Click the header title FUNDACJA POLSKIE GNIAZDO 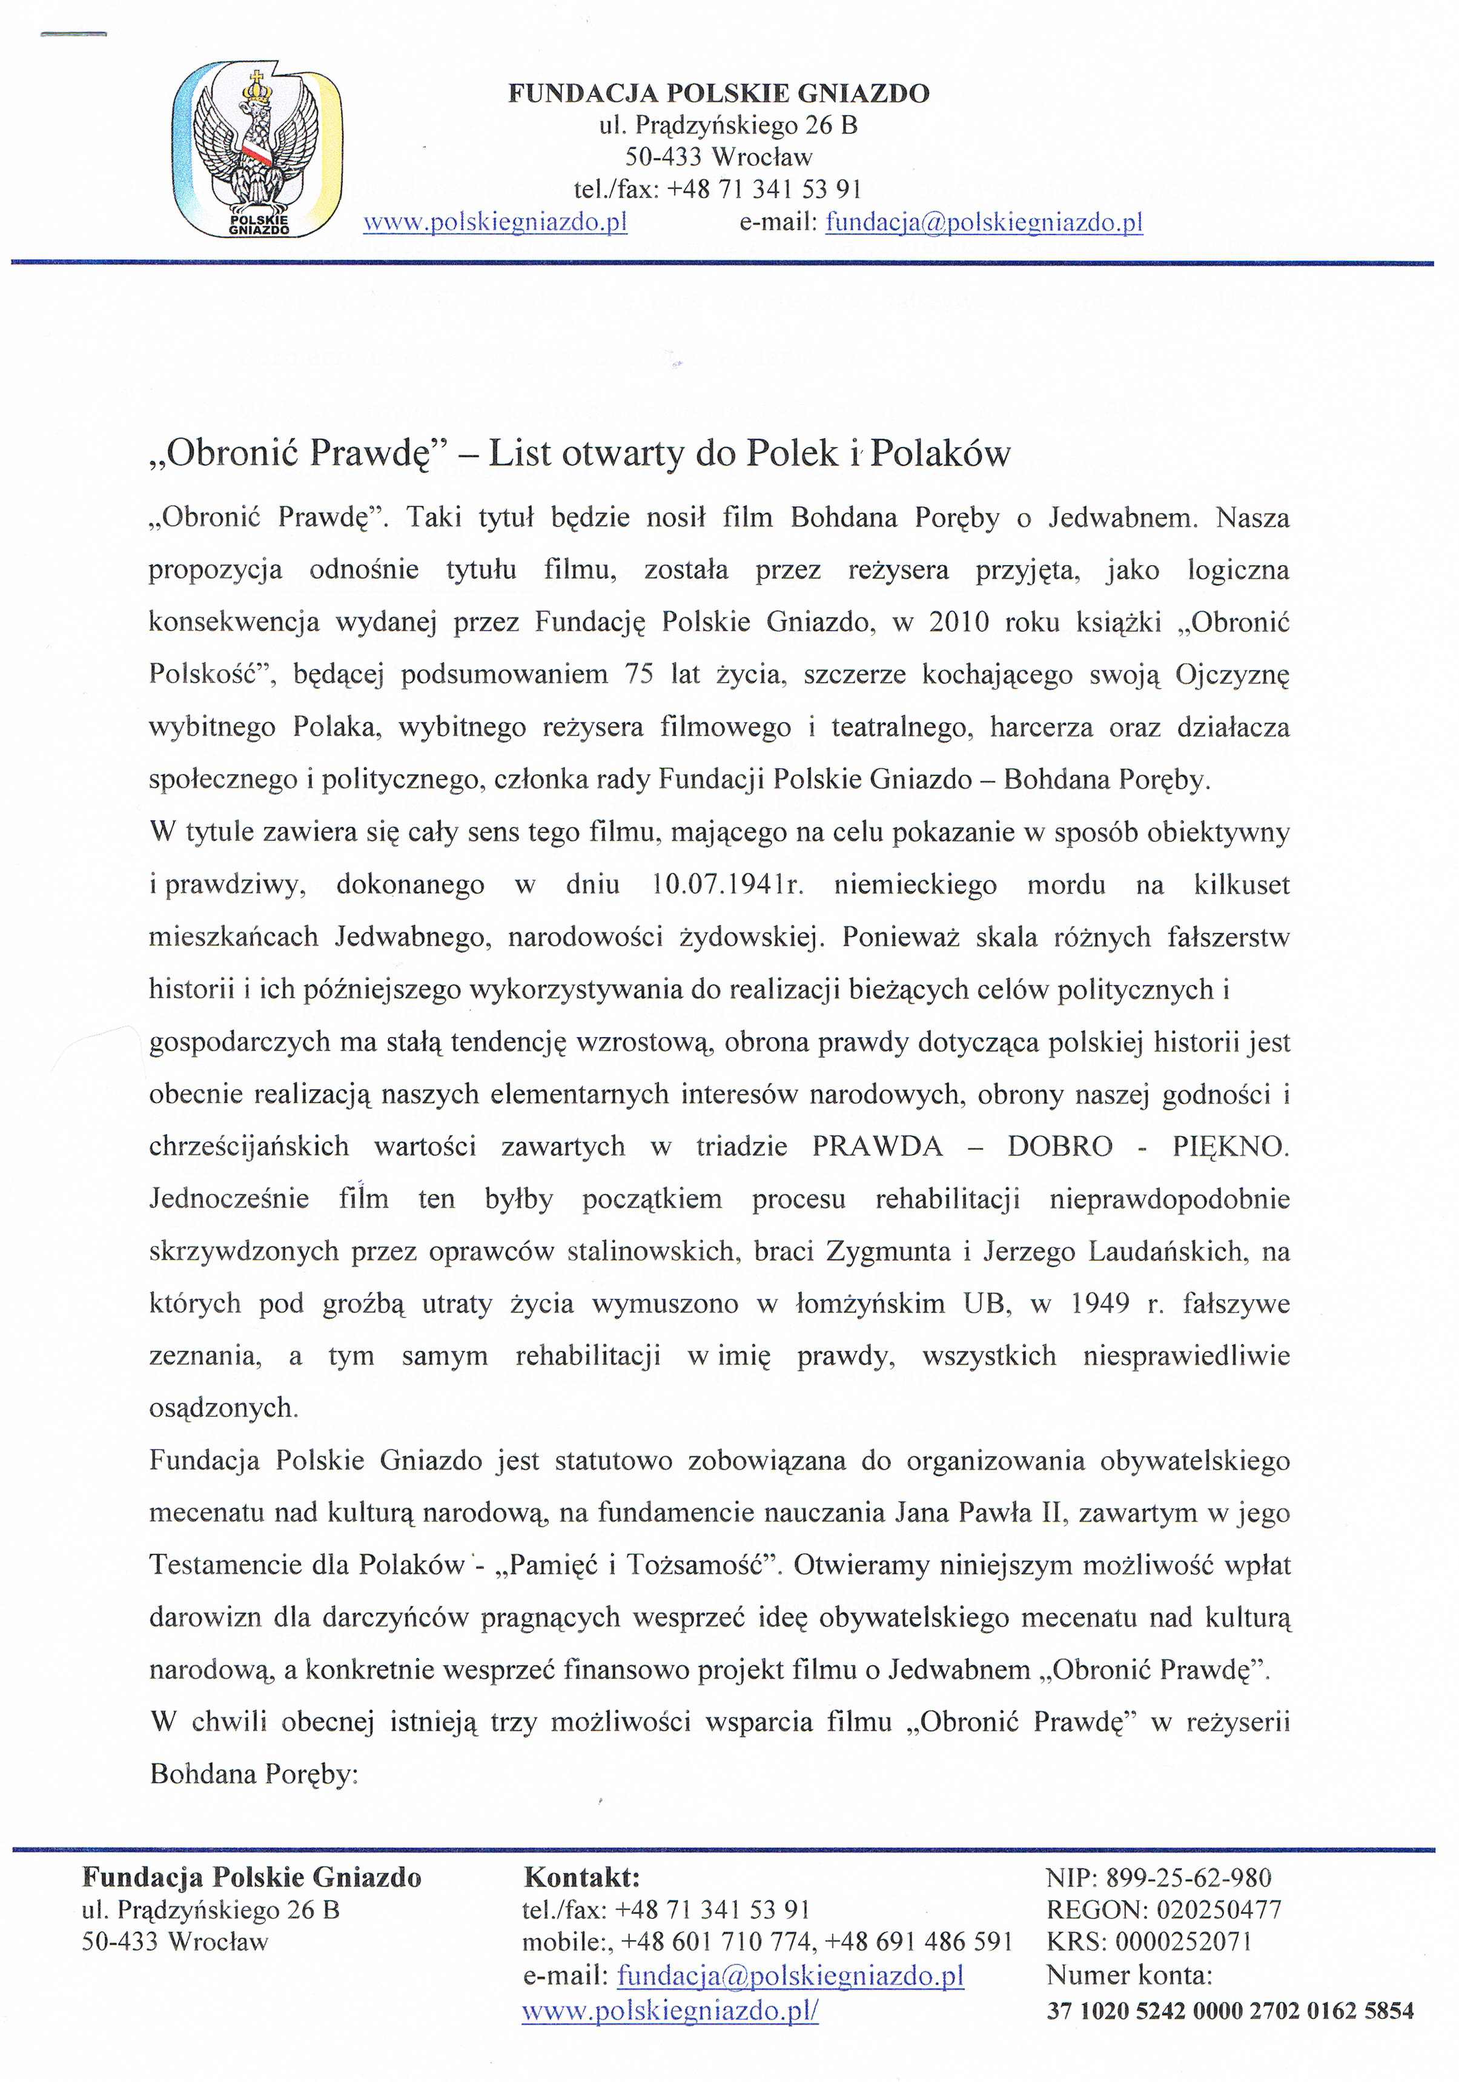(x=718, y=93)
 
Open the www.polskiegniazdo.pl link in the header (x=495, y=222)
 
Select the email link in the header (x=984, y=222)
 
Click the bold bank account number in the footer (x=1229, y=2011)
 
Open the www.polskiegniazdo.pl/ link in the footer (x=670, y=2011)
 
